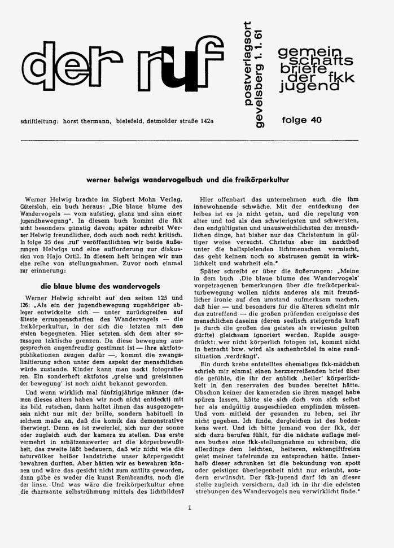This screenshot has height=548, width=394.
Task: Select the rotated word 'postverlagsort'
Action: coord(236,58)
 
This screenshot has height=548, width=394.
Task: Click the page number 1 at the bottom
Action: coord(190,507)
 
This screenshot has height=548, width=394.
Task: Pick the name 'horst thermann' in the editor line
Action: coord(94,121)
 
